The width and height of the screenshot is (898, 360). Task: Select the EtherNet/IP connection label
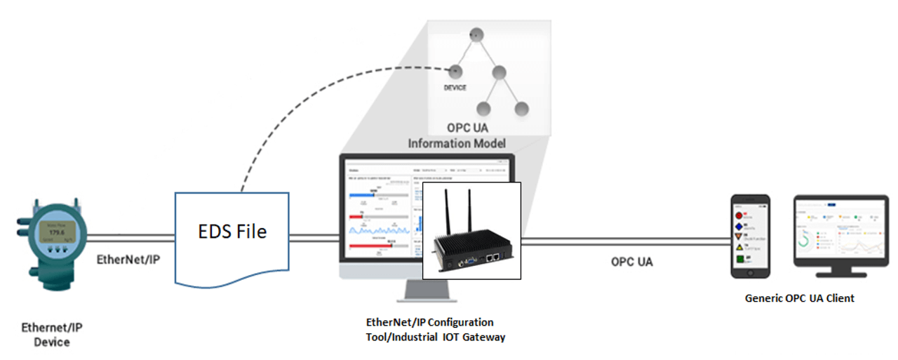point(128,259)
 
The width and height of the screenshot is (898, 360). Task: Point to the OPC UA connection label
point(631,262)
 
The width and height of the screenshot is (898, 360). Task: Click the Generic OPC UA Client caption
point(799,298)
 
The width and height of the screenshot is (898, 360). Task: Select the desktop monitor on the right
point(840,232)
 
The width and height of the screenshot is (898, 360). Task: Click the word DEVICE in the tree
point(455,88)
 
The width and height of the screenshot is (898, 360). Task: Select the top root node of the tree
point(476,33)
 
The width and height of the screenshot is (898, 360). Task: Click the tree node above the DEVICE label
point(455,70)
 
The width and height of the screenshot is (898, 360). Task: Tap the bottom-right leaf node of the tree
point(521,109)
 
